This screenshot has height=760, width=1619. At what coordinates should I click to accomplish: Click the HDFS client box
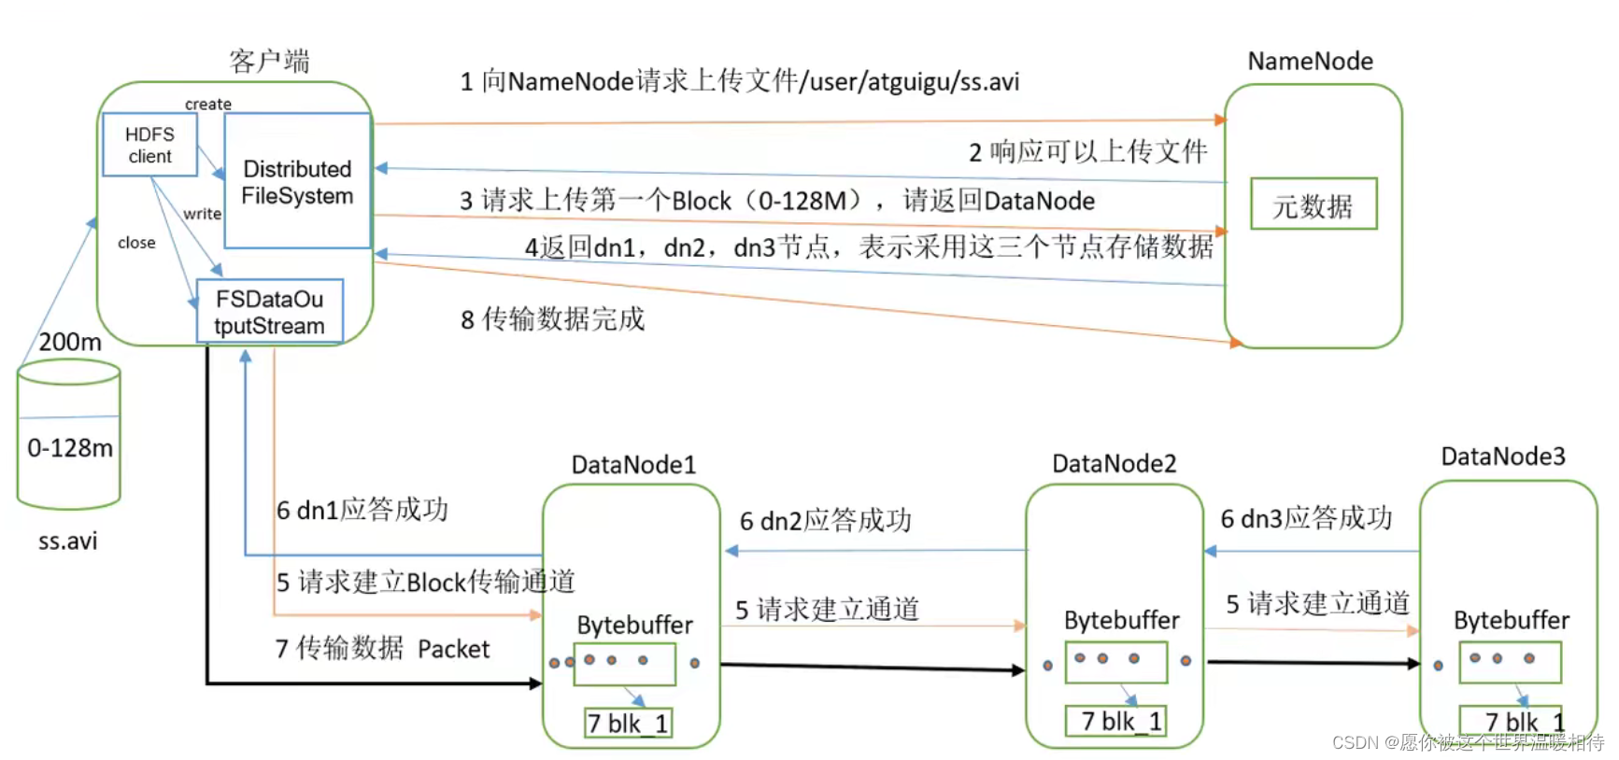point(149,145)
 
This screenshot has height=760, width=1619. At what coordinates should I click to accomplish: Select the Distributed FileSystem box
point(297,182)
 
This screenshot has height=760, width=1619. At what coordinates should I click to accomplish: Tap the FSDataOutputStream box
point(269,312)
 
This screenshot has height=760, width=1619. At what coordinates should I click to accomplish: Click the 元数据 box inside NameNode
point(1313,204)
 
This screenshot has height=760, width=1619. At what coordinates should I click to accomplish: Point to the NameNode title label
point(1310,62)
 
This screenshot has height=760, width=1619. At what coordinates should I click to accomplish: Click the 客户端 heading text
point(269,62)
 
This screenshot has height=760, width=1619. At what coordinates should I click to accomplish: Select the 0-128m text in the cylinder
point(70,448)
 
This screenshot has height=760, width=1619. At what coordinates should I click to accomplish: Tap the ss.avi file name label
point(67,542)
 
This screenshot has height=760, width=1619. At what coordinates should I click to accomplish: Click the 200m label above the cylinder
point(70,342)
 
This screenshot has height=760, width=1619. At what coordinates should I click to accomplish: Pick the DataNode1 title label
point(633,465)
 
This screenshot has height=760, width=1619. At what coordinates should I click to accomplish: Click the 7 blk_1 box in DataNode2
point(1115,722)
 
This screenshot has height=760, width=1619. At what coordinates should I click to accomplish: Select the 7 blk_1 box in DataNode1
point(627,724)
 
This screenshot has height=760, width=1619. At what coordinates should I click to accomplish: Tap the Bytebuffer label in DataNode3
point(1511,621)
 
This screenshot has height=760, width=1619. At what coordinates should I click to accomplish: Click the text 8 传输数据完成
point(552,319)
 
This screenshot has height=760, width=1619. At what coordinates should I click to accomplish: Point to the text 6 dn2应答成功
point(825,521)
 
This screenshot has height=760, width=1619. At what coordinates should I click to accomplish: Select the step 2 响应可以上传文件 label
point(1087,151)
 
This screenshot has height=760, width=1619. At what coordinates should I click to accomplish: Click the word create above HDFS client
point(207,104)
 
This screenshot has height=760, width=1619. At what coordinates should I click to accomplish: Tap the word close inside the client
point(136,243)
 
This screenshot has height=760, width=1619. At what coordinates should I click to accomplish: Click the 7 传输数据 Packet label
point(382,649)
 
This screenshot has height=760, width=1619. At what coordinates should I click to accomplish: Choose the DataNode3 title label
point(1502,457)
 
